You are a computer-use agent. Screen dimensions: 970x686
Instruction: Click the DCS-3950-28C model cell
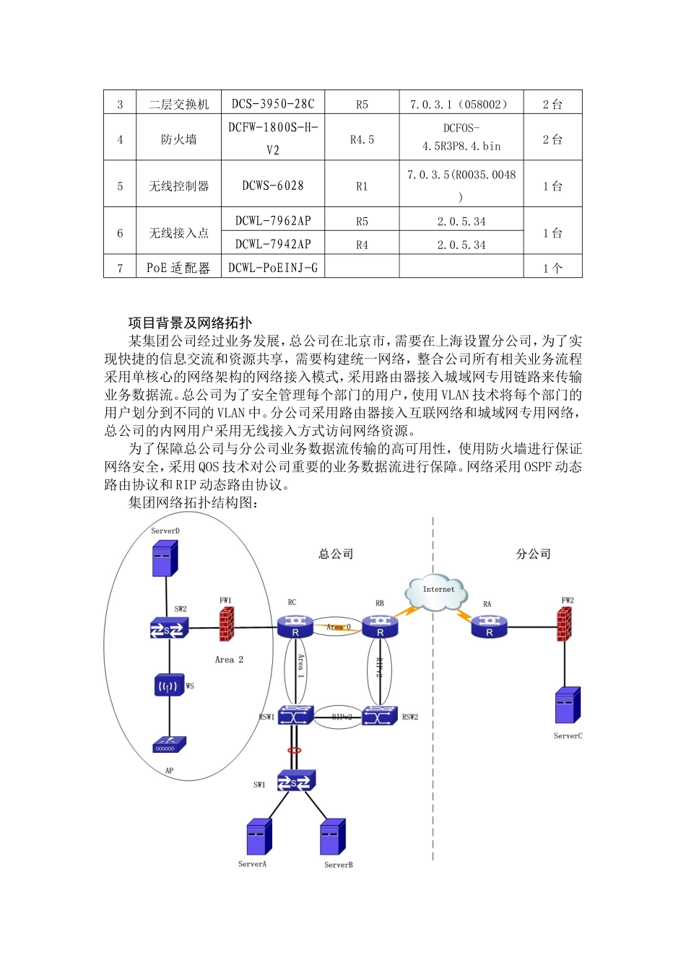273,104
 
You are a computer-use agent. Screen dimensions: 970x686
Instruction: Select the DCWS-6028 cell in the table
273,185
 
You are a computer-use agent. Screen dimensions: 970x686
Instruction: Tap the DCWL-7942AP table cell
273,244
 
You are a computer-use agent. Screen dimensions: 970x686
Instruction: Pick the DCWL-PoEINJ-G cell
273,268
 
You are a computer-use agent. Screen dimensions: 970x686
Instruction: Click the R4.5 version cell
362,139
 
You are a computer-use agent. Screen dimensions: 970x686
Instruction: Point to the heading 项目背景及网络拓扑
190,323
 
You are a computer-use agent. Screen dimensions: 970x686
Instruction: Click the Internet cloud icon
437,592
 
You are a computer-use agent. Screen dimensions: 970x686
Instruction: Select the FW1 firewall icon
227,624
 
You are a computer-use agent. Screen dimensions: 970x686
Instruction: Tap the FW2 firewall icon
564,624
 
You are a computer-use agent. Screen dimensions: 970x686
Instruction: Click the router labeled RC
295,626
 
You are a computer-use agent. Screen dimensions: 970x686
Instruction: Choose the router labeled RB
380,626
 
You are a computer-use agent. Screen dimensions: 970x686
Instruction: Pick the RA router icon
489,626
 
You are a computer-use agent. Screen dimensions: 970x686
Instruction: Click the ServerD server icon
165,558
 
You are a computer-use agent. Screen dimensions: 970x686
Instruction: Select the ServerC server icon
568,705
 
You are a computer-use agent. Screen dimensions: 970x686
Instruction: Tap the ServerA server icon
259,836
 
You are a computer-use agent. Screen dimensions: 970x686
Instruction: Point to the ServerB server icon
332,836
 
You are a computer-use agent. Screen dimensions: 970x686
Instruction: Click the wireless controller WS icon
170,685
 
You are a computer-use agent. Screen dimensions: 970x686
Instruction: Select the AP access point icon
170,744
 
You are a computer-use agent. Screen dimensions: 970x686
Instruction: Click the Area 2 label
229,660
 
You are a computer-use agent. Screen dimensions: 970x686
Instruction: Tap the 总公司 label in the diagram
336,554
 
